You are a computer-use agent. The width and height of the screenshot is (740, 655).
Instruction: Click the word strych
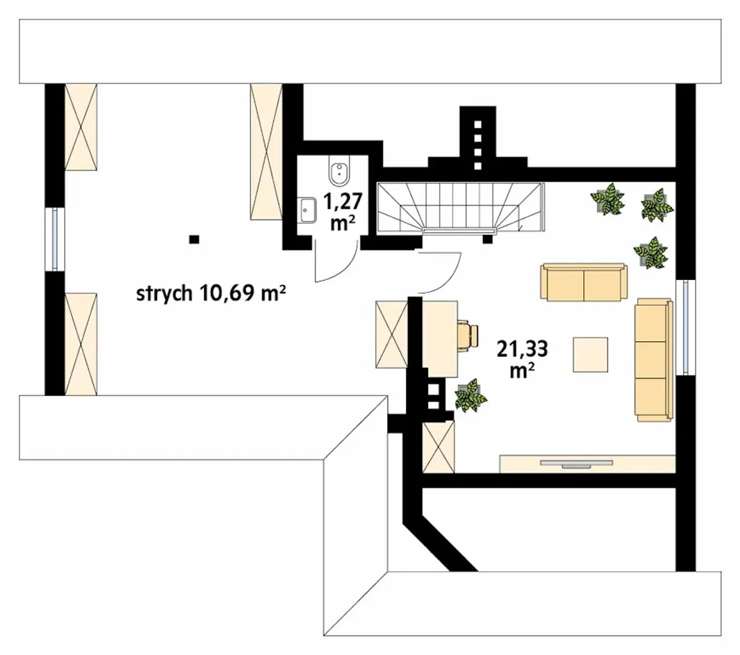(x=164, y=294)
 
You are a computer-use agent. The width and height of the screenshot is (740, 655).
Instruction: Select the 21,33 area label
(x=522, y=349)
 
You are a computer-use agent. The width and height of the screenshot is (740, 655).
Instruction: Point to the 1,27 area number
(x=343, y=202)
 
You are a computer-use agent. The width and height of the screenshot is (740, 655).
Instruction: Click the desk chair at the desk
(x=467, y=336)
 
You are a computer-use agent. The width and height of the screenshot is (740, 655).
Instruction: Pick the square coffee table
(x=590, y=355)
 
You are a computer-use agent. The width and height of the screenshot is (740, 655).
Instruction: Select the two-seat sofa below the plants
(x=584, y=282)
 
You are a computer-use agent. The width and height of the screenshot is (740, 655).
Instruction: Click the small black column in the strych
(x=194, y=240)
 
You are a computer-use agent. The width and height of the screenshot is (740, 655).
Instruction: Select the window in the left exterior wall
(x=55, y=239)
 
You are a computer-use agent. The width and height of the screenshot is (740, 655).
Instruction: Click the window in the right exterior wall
(x=686, y=327)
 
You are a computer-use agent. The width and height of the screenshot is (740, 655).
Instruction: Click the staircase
(x=461, y=207)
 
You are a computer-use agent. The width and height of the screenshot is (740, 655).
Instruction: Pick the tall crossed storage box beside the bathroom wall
(x=266, y=152)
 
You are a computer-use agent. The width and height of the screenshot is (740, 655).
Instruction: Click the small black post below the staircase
(x=487, y=239)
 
